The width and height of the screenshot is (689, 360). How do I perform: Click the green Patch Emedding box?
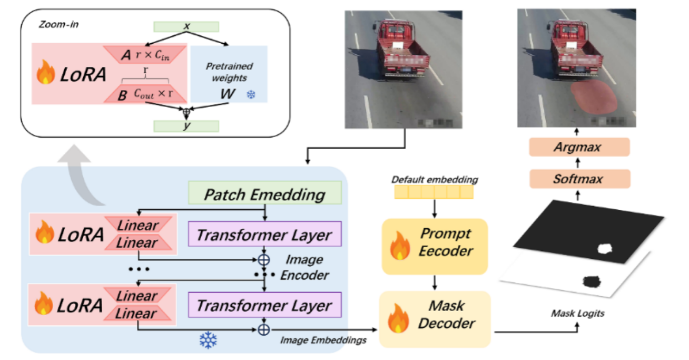[x=265, y=193]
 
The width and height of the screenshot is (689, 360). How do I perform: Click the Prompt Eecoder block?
[x=435, y=246]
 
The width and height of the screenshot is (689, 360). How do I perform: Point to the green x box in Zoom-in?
[x=185, y=26]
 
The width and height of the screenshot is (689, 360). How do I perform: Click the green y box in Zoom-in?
[x=185, y=126]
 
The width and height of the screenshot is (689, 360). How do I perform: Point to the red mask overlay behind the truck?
[x=596, y=96]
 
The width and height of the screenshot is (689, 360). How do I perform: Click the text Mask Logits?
[x=577, y=314]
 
